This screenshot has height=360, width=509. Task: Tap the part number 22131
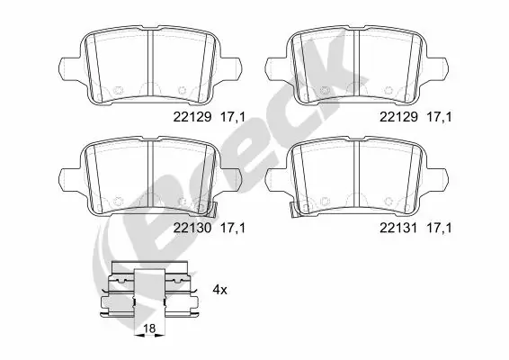[x=397, y=229]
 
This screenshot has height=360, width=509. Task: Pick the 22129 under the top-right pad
[x=397, y=116]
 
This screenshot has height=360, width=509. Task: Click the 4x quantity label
[x=219, y=290]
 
